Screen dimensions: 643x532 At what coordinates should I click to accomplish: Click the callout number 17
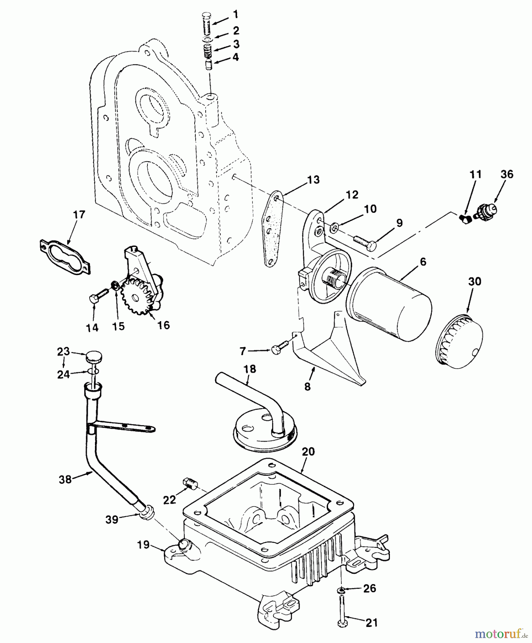(x=79, y=215)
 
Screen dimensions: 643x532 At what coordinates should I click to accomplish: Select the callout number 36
(x=507, y=174)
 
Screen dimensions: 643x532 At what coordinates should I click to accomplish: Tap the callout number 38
(x=66, y=479)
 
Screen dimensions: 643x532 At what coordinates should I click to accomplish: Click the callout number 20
(x=308, y=452)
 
